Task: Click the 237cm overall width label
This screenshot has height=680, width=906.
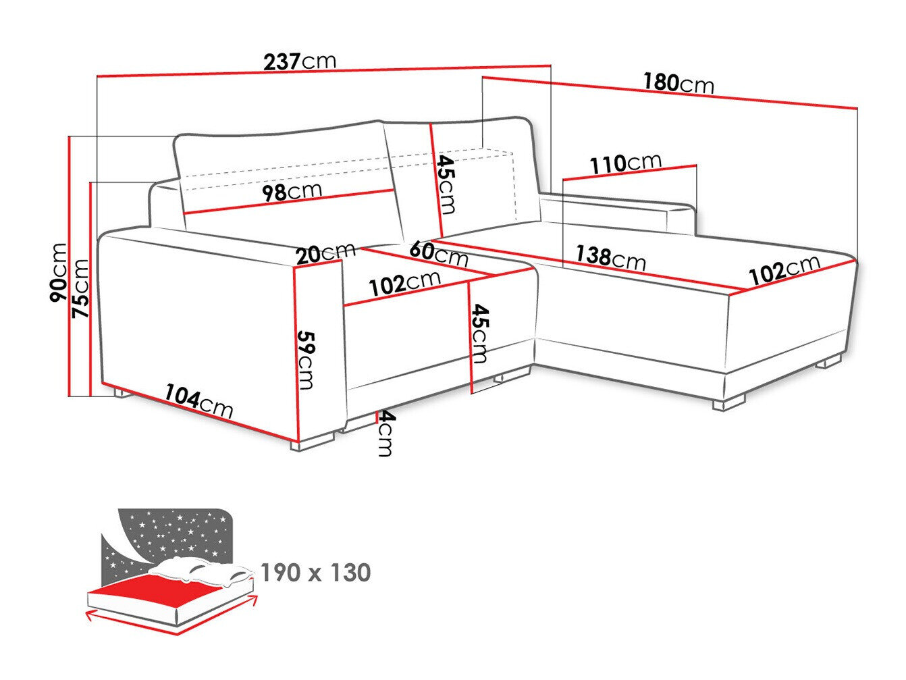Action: point(299,61)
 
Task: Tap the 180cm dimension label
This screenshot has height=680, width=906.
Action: point(678,83)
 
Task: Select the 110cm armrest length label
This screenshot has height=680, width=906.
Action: point(625,163)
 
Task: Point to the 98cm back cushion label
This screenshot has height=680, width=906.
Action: point(292,192)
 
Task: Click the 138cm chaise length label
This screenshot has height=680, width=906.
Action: point(610,257)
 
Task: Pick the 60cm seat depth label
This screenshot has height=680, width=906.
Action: point(438,253)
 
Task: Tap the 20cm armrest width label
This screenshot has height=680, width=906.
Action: point(325,253)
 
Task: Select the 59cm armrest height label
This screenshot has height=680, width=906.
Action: point(306,360)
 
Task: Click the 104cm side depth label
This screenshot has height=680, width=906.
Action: point(199,401)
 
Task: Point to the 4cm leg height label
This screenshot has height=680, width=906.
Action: point(385,434)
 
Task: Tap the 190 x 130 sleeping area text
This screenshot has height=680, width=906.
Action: point(315,573)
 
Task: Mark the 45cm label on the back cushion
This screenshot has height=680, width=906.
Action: point(446,184)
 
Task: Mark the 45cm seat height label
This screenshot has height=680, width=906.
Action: point(479,333)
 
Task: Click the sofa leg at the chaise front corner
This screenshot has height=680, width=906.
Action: point(728,404)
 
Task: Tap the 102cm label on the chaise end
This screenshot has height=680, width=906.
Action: point(784,269)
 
